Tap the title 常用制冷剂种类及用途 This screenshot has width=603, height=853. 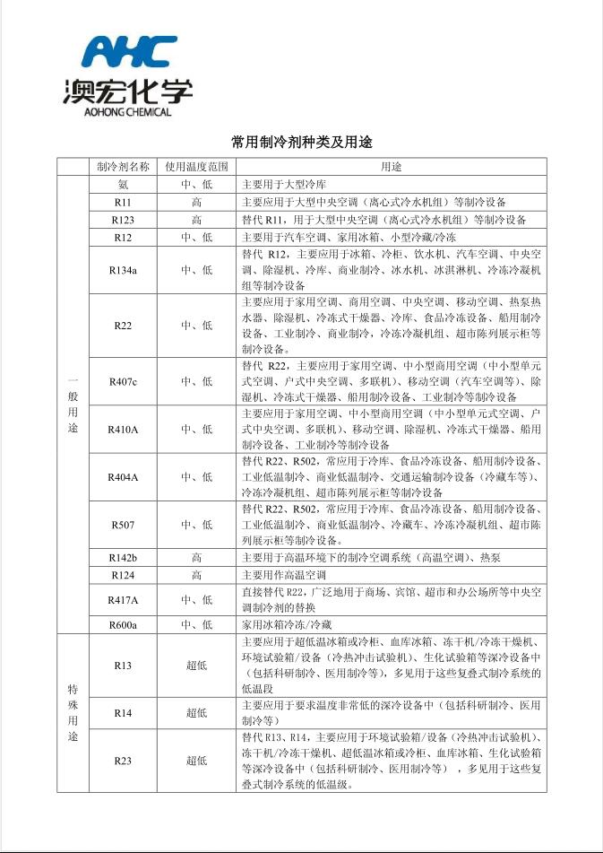coord(301,143)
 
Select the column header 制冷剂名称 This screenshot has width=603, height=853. coord(123,167)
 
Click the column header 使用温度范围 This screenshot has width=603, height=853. coord(196,167)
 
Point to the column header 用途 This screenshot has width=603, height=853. coord(392,167)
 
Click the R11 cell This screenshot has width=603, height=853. coord(123,202)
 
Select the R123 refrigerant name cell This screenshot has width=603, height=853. coord(123,220)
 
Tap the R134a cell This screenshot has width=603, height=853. coord(123,269)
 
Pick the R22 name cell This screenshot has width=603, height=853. coord(123,325)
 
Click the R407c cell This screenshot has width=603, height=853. coord(123,381)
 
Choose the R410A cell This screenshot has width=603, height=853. coord(123,430)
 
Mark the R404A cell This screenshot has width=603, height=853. coord(123,477)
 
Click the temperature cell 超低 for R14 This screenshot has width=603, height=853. coord(196,713)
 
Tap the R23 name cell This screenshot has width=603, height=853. coord(123,761)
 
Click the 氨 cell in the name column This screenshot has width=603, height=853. coord(123,185)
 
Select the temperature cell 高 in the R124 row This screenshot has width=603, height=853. coord(196,575)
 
